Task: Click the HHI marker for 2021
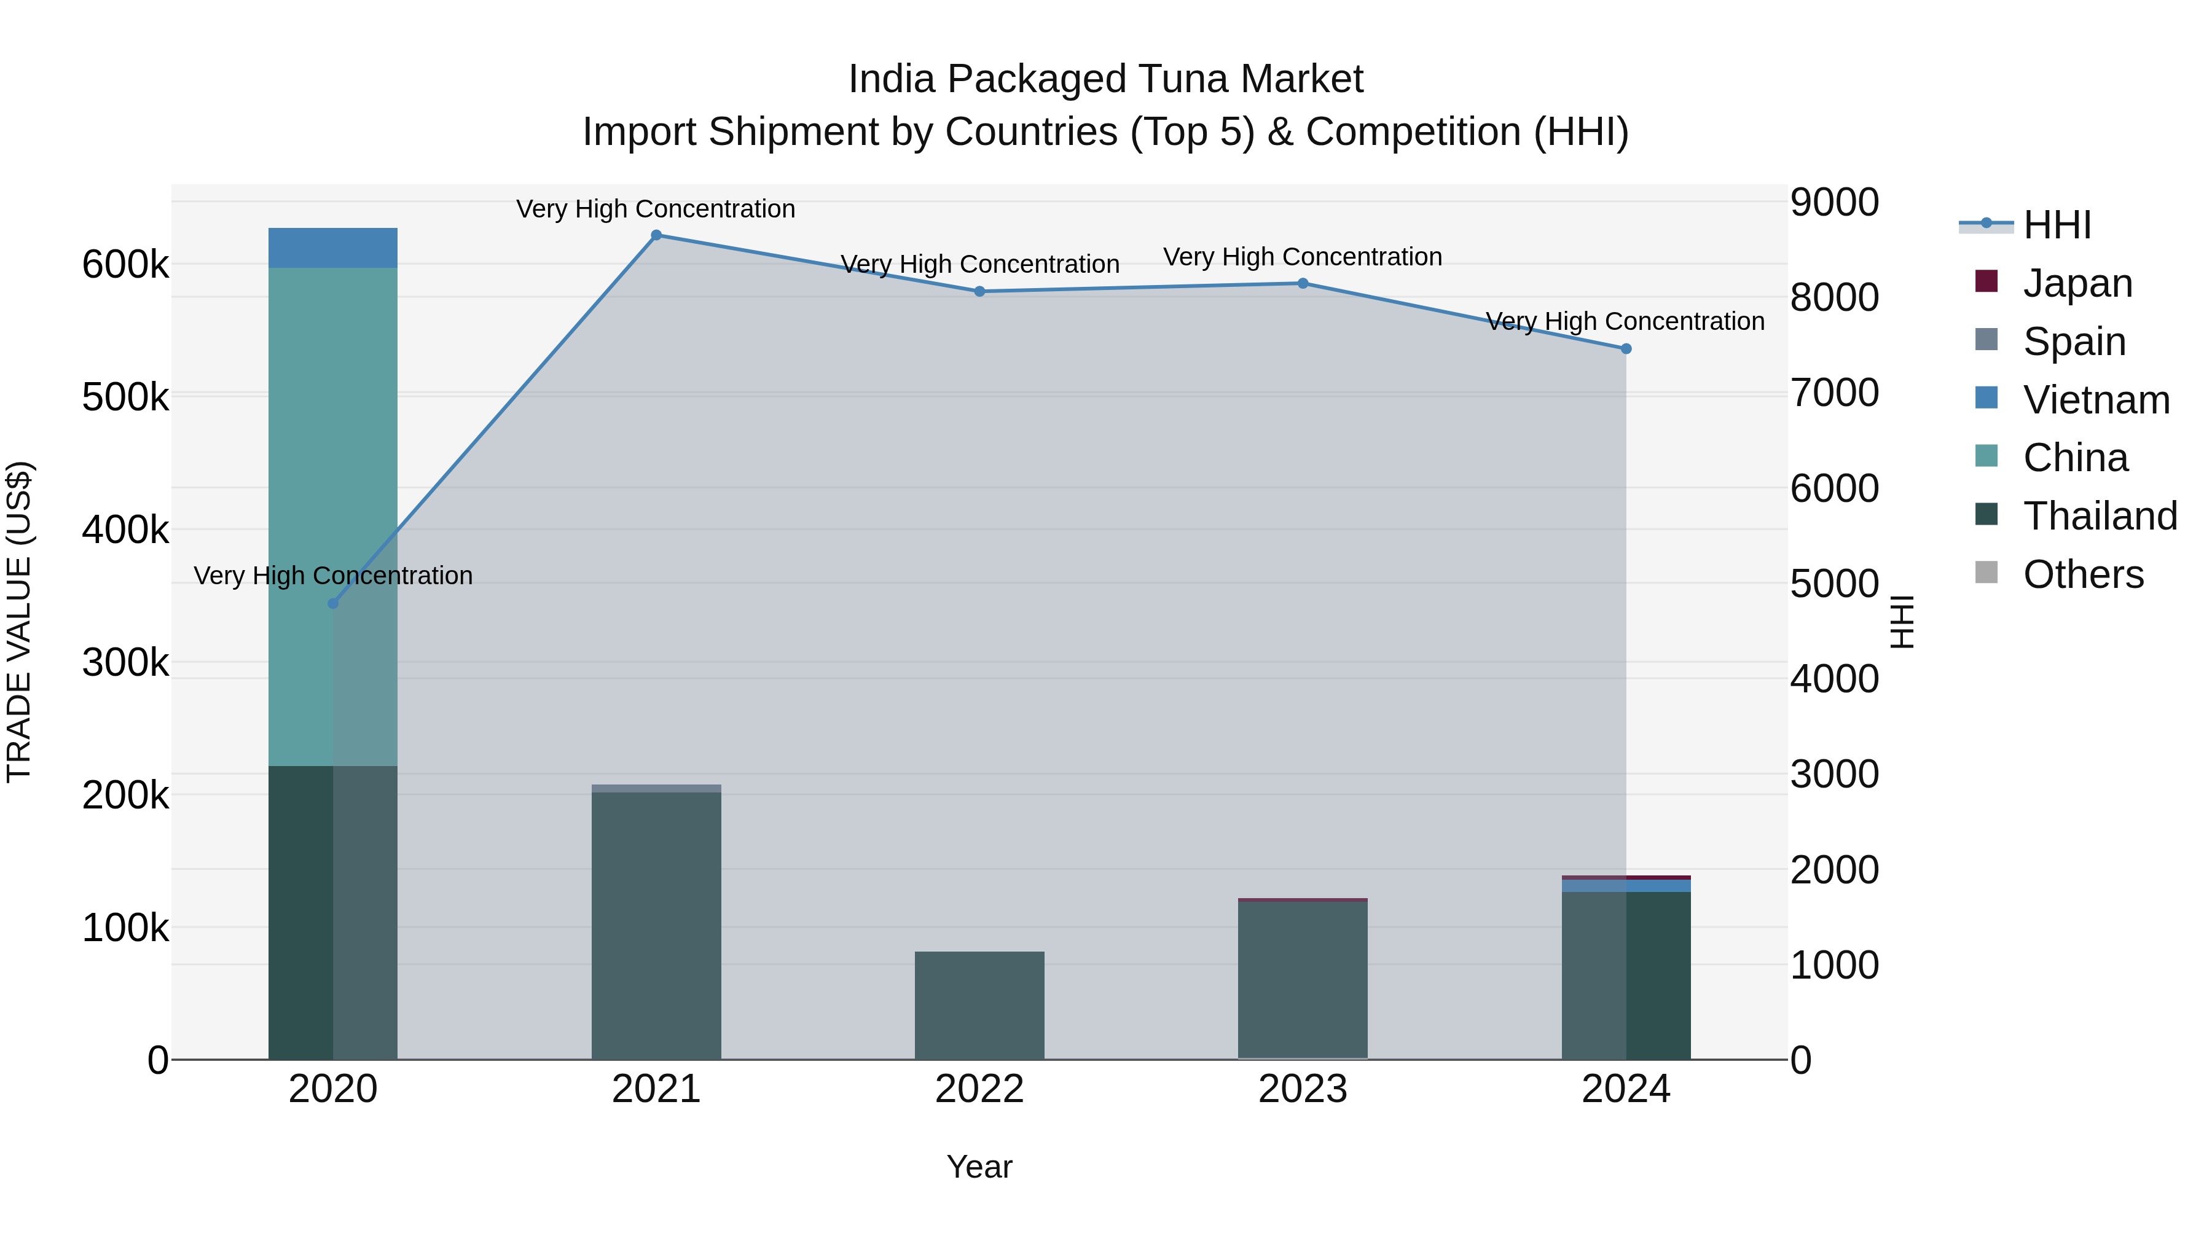656,235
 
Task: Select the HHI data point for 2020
333,603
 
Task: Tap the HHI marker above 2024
1625,348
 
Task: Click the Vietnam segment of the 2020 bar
333,248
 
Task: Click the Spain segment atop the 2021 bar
656,788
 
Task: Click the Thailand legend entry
2099,516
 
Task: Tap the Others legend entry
2082,574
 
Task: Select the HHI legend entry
2056,225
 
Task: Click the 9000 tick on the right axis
1834,203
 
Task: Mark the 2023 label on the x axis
1303,1089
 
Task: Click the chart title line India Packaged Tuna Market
1105,79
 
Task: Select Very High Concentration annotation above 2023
1302,257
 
